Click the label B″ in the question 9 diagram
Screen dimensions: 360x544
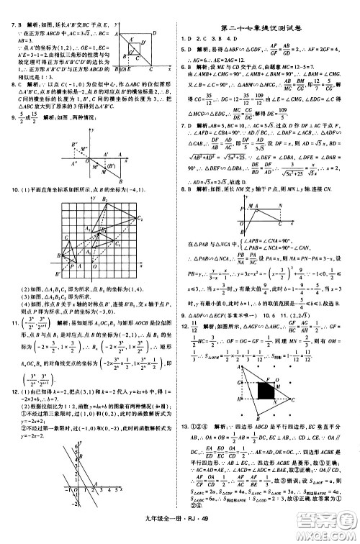(x=74, y=144)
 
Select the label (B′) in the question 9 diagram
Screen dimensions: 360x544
(x=111, y=165)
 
